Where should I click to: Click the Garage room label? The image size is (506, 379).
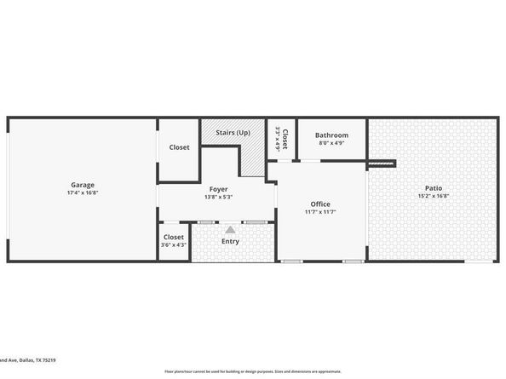click(83, 185)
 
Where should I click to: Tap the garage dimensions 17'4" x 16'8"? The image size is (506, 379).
click(83, 192)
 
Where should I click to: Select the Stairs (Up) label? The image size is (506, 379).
click(232, 133)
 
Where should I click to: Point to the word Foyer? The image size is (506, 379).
click(219, 188)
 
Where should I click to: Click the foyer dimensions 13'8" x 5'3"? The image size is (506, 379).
click(219, 197)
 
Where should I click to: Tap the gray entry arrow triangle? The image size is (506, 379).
click(230, 229)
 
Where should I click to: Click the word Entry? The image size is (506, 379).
click(230, 241)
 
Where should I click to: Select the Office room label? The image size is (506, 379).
click(320, 204)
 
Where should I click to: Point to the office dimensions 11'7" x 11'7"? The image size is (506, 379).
click(320, 212)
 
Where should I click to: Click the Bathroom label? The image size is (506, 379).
click(331, 135)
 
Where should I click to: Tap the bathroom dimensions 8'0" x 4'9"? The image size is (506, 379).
click(331, 143)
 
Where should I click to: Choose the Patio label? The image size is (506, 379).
click(434, 188)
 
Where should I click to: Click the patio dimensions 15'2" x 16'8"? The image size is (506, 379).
click(434, 197)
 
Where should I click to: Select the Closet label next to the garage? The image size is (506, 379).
click(179, 147)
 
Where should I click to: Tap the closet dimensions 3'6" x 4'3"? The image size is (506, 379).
click(174, 245)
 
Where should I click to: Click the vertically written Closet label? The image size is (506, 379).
click(285, 139)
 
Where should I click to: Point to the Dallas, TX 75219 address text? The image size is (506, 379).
click(29, 361)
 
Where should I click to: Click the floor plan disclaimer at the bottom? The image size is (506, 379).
click(253, 371)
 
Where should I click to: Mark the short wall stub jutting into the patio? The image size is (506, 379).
click(382, 163)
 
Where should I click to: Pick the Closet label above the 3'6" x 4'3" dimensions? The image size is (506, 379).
click(174, 237)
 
